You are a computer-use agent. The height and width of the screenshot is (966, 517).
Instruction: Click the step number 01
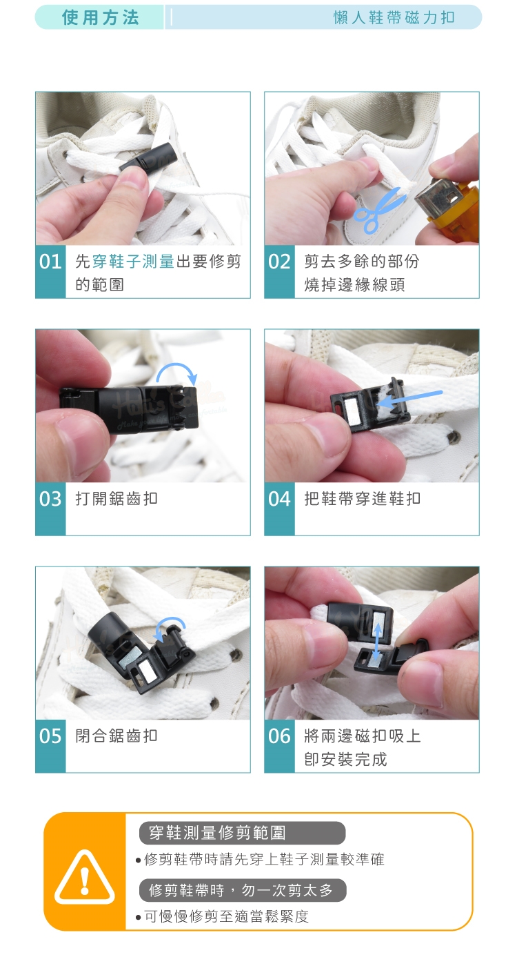click(50, 262)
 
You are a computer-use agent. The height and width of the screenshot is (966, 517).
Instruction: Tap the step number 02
click(279, 262)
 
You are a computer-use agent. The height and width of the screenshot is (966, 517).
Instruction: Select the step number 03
click(50, 499)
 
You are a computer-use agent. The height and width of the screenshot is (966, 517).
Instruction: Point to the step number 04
click(279, 499)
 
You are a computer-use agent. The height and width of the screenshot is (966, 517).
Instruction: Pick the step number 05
click(50, 736)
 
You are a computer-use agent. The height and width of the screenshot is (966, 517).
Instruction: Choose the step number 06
click(279, 736)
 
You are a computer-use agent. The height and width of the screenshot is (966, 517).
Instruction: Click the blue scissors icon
click(379, 210)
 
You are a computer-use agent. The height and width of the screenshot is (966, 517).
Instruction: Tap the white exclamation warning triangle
click(84, 877)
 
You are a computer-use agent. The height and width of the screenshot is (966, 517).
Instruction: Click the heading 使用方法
click(101, 18)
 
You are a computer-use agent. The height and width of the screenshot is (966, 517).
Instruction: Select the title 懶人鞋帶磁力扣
click(394, 18)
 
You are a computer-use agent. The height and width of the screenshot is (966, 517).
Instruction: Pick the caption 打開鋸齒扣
click(116, 499)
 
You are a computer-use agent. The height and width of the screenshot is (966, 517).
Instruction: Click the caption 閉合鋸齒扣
click(116, 736)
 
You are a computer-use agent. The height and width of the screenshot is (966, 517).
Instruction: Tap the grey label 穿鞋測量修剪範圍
click(243, 833)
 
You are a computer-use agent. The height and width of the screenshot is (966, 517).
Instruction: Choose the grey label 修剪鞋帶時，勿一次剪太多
click(243, 890)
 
